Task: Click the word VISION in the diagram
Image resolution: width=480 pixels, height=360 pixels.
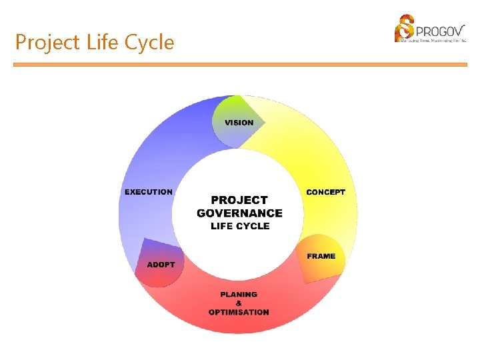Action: coord(239,123)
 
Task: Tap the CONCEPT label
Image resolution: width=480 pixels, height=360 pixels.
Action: coord(325,192)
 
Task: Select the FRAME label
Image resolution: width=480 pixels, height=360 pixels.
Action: coord(321,257)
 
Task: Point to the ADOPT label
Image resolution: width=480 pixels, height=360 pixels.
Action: coord(161,265)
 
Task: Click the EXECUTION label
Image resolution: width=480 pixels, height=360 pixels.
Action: coord(148,192)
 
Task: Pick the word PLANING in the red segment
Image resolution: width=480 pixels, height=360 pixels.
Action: coord(239,294)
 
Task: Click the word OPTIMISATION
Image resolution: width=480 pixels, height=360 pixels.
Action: coord(239,312)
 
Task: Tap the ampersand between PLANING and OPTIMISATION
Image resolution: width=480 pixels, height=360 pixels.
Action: coord(239,303)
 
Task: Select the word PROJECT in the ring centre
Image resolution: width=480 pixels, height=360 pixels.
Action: coord(239,200)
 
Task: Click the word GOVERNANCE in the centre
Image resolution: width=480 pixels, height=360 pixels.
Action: coord(239,213)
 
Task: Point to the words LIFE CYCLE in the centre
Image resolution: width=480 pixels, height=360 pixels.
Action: coord(240,226)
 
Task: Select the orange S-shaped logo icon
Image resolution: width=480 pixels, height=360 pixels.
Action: coord(404,29)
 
